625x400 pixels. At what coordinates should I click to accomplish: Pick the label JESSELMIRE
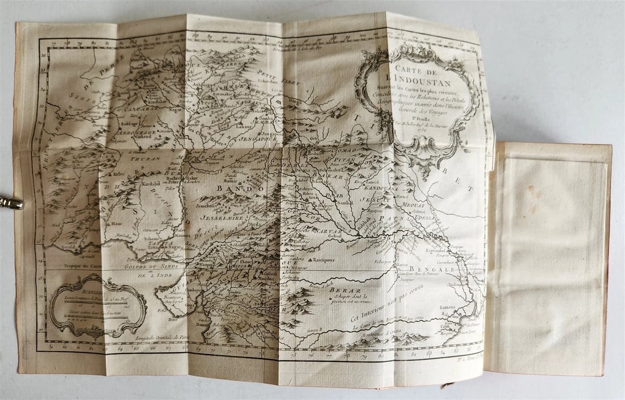pos(223,216)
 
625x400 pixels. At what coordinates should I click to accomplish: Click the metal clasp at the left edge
pos(10,201)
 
